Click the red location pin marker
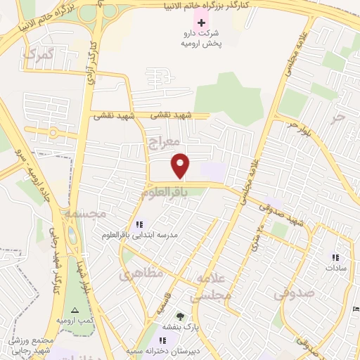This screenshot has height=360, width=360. pyautogui.click(x=181, y=166)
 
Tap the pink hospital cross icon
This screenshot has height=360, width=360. pyautogui.click(x=202, y=22)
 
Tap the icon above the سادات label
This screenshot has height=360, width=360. pyautogui.click(x=335, y=257)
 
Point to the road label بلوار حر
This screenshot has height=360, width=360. pyautogui.click(x=297, y=127)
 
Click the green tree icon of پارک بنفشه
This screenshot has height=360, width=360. pyautogui.click(x=180, y=316)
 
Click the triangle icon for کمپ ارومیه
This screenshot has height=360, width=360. pyautogui.click(x=75, y=310)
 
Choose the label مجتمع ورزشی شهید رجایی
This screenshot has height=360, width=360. pyautogui.click(x=32, y=345)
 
